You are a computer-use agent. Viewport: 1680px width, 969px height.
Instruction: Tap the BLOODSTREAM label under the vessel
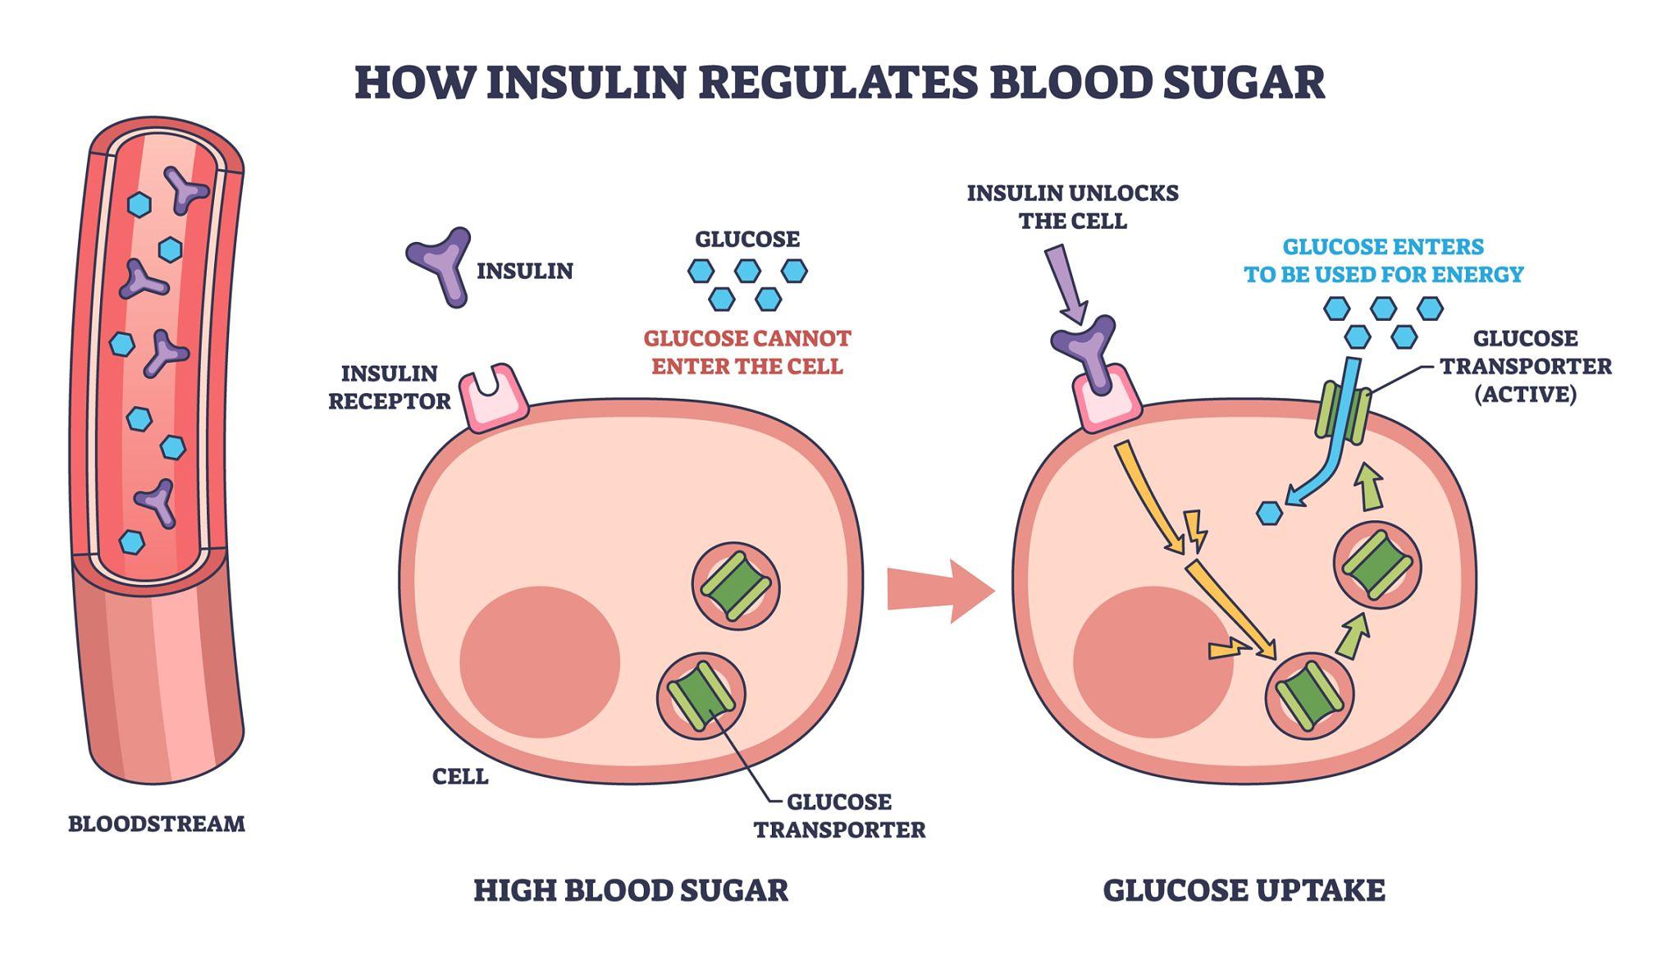tap(156, 824)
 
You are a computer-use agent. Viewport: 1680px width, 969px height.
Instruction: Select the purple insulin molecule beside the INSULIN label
tap(441, 264)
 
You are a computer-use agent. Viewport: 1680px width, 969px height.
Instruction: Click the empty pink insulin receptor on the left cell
tap(492, 399)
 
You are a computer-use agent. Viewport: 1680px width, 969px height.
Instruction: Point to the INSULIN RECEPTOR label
tap(389, 387)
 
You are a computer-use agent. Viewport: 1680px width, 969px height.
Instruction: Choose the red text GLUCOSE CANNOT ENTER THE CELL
tap(746, 352)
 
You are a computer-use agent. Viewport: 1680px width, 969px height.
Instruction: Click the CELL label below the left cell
tap(460, 776)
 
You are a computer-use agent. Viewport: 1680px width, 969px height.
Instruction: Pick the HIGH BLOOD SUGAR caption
tap(630, 890)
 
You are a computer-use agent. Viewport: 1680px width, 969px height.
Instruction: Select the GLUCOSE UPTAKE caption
tap(1244, 890)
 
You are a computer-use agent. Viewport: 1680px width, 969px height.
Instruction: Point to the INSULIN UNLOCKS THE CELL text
tap(1072, 207)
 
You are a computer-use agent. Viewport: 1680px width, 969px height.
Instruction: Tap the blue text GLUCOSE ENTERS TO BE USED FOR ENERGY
tap(1383, 261)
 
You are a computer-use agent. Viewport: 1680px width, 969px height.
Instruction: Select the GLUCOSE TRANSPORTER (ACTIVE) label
tap(1525, 366)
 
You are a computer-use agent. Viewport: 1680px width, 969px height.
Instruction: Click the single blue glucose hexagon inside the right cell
tap(1269, 514)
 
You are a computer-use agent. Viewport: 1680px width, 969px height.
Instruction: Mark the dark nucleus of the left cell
tap(539, 661)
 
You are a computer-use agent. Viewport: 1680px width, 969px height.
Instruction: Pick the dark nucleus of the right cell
tap(1152, 661)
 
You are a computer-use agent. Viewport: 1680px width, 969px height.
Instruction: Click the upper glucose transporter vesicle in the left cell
tap(735, 586)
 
